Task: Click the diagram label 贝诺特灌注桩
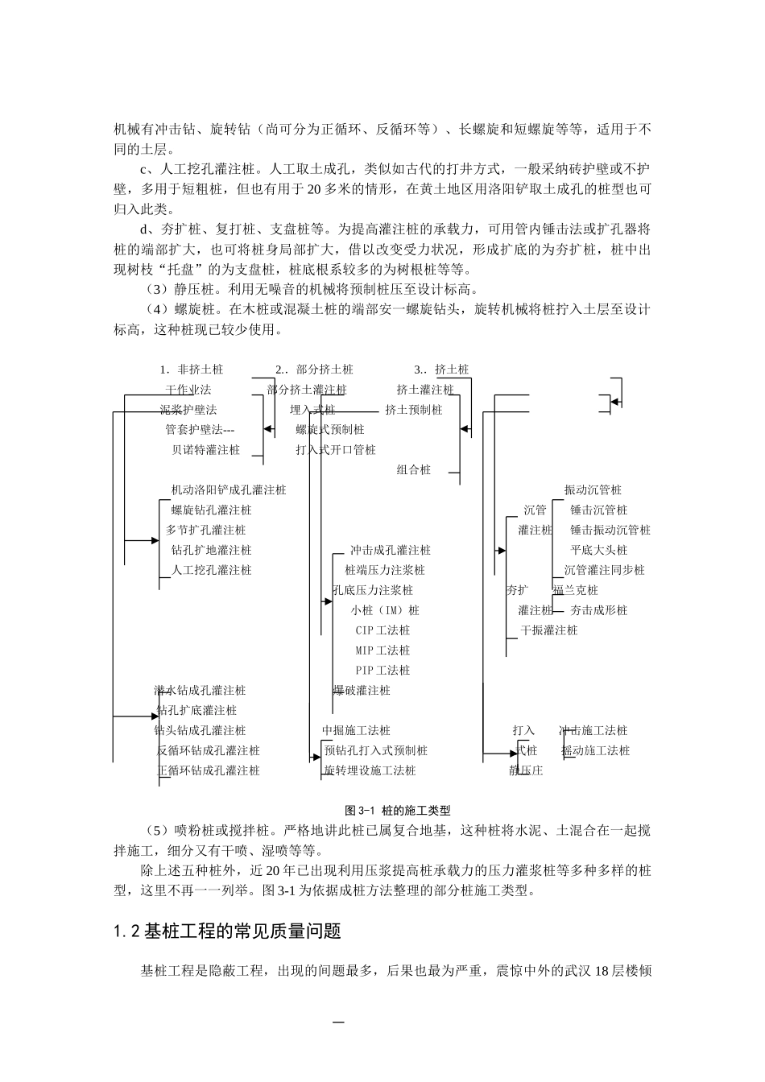205,450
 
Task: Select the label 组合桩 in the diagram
414,470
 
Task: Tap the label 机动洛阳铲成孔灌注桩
228,489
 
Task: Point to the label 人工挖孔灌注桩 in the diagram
211,570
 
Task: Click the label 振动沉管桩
593,489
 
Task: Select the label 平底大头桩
598,550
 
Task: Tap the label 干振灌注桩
549,630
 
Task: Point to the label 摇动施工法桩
595,750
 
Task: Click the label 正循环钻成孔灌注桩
209,770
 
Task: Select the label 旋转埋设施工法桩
370,770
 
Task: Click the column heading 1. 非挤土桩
191,370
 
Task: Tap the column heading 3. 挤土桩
441,370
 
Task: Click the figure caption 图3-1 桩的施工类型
398,810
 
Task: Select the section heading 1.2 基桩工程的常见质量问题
228,931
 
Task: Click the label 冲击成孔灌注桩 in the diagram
391,550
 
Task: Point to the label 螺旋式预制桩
329,430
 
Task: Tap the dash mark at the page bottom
338,1022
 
